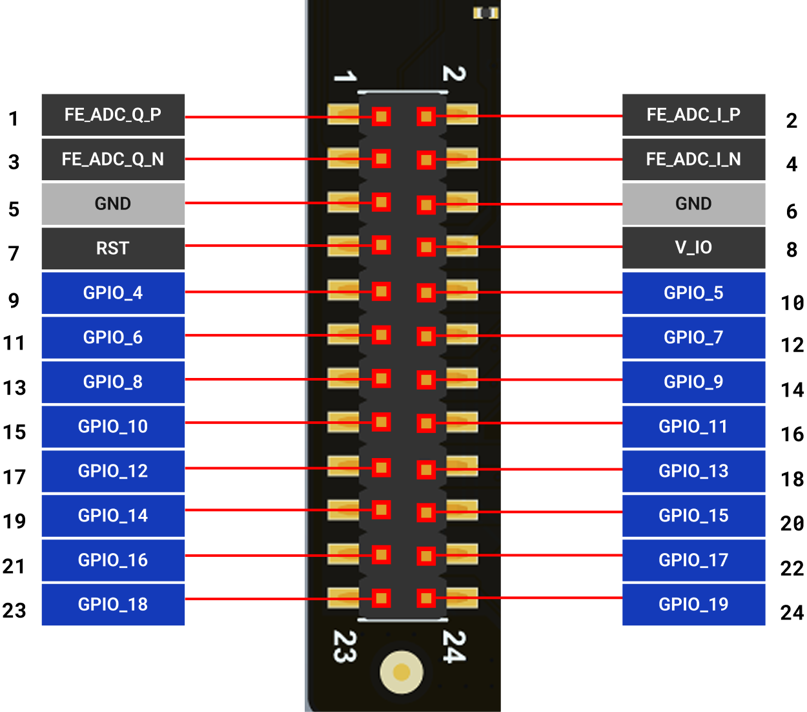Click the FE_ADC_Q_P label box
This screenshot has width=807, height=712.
tap(113, 115)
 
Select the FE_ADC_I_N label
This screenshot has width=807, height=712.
tap(693, 159)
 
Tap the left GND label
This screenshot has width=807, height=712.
tap(113, 204)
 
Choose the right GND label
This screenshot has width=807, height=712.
tap(693, 204)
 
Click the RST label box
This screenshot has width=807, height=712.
tap(113, 248)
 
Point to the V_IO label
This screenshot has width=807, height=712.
tap(693, 247)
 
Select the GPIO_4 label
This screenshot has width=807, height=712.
tap(113, 293)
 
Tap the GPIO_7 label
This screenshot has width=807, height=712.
tap(693, 337)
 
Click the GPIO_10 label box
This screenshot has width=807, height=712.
tap(113, 426)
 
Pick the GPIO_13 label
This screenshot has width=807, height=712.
tap(693, 471)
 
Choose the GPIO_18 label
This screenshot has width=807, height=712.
tap(113, 604)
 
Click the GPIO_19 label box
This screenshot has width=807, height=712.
tap(693, 604)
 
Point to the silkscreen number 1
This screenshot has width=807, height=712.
tap(345, 76)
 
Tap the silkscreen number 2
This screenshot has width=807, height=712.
tap(454, 74)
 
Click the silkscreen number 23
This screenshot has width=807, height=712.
tap(345, 647)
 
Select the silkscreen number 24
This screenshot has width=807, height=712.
tap(454, 647)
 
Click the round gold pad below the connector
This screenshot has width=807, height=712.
tap(402, 673)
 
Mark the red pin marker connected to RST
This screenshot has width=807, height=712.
tap(382, 245)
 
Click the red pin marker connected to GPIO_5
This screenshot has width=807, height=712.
tap(425, 293)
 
